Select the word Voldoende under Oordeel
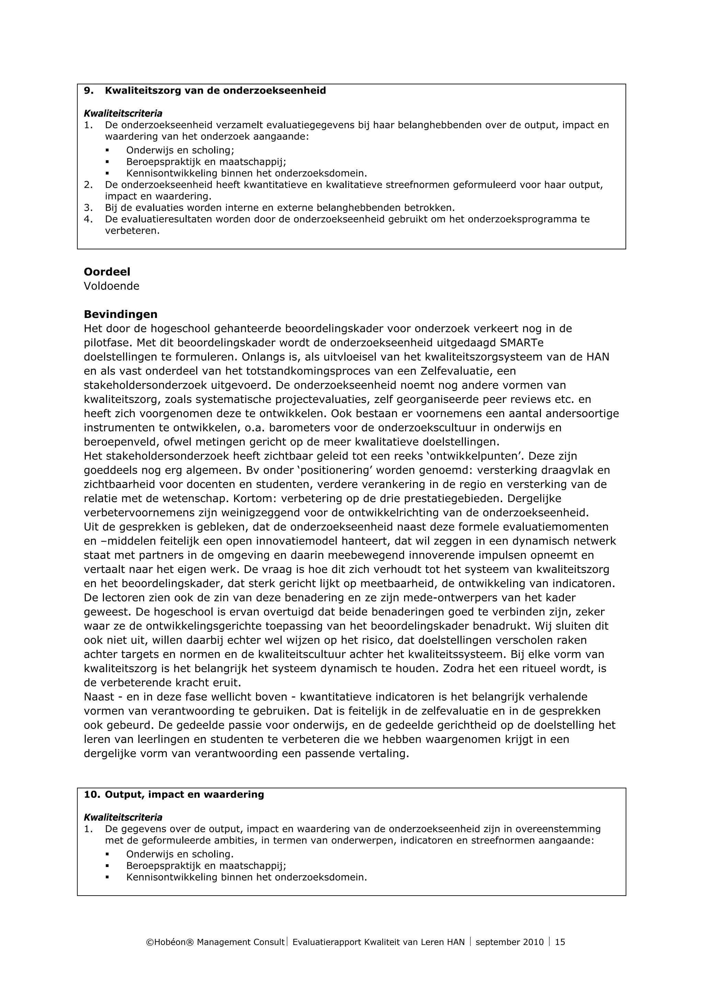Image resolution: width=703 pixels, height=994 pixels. [111, 286]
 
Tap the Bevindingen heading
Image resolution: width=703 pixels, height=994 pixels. [120, 314]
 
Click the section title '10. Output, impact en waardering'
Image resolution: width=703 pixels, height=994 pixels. [174, 795]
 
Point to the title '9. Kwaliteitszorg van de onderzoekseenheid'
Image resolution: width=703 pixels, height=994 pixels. [205, 91]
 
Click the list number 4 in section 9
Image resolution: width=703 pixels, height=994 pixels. [88, 220]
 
